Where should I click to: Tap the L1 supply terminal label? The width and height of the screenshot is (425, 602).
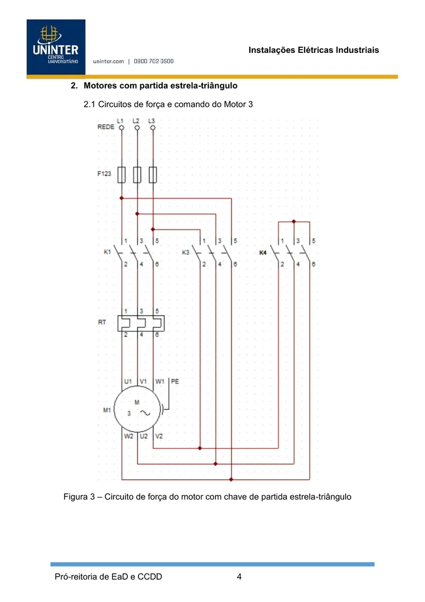pyautogui.click(x=120, y=121)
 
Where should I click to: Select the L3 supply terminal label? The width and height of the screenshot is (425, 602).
pyautogui.click(x=151, y=121)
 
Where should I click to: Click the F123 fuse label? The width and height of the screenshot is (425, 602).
pyautogui.click(x=104, y=174)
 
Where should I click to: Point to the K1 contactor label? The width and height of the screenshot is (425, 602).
pyautogui.click(x=107, y=252)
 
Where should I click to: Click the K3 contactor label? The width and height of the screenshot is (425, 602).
pyautogui.click(x=186, y=252)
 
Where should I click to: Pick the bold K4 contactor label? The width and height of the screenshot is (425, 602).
pyautogui.click(x=263, y=252)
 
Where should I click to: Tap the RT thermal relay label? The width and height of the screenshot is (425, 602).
pyautogui.click(x=102, y=322)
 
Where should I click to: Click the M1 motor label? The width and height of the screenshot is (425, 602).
pyautogui.click(x=107, y=410)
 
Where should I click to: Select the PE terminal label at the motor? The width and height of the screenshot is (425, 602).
pyautogui.click(x=175, y=381)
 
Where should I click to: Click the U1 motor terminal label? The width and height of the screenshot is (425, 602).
pyautogui.click(x=128, y=381)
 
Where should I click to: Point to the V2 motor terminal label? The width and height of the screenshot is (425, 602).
pyautogui.click(x=159, y=436)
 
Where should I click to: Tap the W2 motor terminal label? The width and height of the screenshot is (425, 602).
pyautogui.click(x=129, y=436)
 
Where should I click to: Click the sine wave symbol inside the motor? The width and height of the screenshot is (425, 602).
pyautogui.click(x=145, y=413)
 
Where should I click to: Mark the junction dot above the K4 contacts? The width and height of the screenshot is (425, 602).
pyautogui.click(x=294, y=221)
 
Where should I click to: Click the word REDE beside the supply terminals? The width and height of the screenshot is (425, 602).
pyautogui.click(x=106, y=127)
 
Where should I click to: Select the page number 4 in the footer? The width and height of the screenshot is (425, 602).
pyautogui.click(x=239, y=577)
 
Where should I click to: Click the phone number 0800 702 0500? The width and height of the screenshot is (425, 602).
pyautogui.click(x=153, y=61)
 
